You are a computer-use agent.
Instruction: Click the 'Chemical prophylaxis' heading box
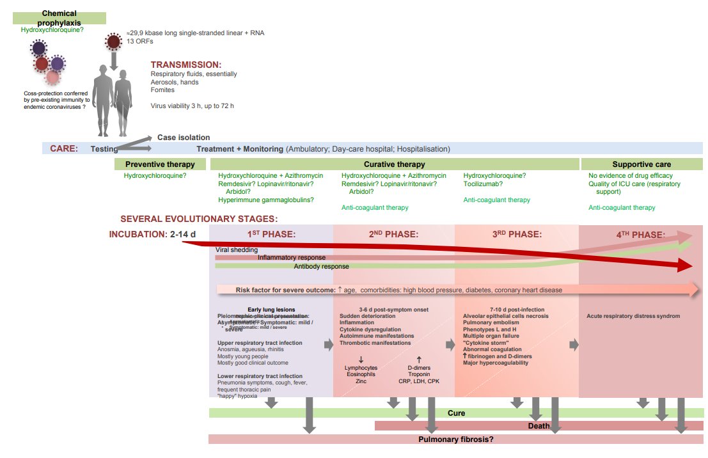pos(59,17)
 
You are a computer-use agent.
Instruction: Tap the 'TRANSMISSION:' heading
pos(185,65)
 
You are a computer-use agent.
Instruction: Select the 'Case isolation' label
pos(184,138)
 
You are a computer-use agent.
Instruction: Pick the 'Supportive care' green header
pos(641,164)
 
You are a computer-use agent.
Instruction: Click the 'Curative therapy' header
pos(395,164)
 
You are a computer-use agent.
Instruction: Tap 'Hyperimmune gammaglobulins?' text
pos(266,200)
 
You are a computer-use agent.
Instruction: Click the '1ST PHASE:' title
pos(271,234)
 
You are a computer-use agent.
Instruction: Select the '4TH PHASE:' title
pos(640,234)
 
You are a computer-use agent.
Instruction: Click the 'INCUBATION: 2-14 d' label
pos(152,234)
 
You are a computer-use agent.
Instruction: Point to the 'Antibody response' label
pos(322,266)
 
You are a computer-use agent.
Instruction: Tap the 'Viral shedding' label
pos(237,250)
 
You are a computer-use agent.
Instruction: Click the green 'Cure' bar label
pos(456,413)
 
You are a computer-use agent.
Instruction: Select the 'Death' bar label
pos(539,426)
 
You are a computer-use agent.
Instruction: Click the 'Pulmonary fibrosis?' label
pos(456,439)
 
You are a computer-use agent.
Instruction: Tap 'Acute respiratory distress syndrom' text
pos(633,316)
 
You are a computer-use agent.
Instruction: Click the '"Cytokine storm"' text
pos(484,342)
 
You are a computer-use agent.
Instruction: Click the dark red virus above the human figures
pos(113,42)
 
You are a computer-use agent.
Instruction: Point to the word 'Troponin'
pos(419,374)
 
